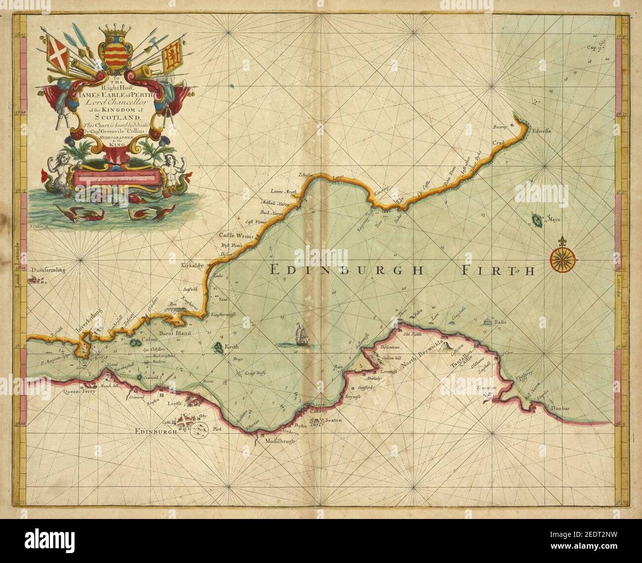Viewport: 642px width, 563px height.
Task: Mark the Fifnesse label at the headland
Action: (x=541, y=131)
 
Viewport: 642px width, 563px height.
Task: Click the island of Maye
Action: (x=537, y=220)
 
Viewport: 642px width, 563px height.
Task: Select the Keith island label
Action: (x=231, y=347)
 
